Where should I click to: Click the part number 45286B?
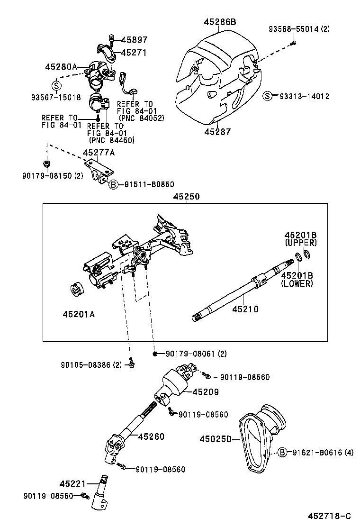click(220, 22)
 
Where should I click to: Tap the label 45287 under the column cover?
click(218, 132)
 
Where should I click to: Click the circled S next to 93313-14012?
click(268, 96)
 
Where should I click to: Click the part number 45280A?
click(61, 67)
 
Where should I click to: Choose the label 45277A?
click(99, 153)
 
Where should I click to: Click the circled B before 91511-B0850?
click(113, 184)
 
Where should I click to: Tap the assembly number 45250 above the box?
click(186, 196)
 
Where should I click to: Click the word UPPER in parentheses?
click(300, 243)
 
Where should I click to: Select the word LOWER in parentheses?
click(297, 283)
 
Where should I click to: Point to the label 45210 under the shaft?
click(245, 309)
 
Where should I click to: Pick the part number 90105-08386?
click(86, 364)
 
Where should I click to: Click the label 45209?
click(206, 392)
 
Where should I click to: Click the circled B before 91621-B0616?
click(282, 452)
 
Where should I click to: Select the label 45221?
click(72, 484)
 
